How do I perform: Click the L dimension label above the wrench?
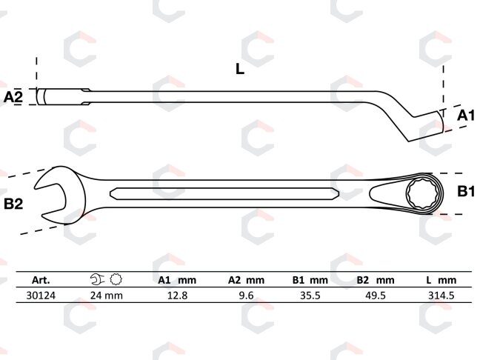coord(240,69)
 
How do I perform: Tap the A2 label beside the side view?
coord(13,97)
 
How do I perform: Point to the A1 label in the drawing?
coord(466,116)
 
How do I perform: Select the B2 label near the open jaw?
coord(13,204)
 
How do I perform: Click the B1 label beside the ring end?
coord(466,191)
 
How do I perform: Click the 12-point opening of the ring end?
coord(424,193)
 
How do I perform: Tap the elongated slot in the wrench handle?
coord(224,194)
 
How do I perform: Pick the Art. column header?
coord(41,280)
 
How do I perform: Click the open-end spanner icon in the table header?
coord(98,279)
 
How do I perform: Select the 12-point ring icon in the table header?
coord(116,279)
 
